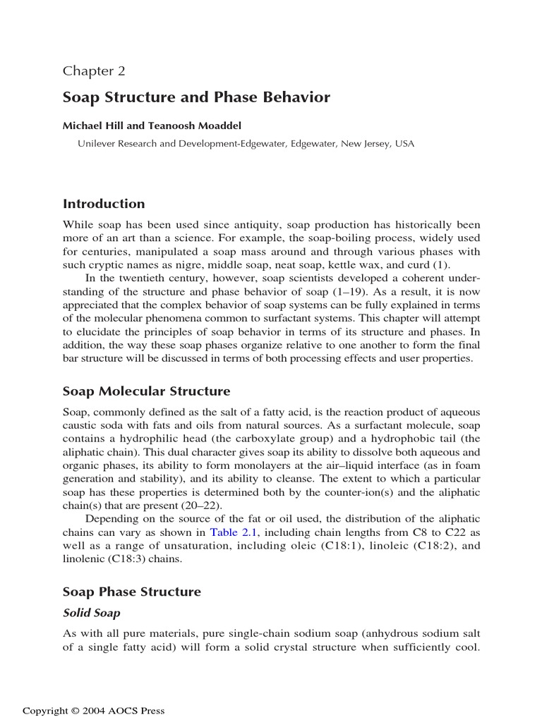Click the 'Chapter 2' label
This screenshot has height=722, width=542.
(x=94, y=71)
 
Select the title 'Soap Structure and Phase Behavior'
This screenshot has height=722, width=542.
(x=196, y=97)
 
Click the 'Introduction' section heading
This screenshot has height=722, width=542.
(x=104, y=204)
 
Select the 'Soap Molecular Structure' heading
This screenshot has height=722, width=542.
(x=146, y=391)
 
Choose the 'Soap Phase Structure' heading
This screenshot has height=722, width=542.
(x=132, y=592)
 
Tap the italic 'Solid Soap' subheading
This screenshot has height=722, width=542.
(x=91, y=613)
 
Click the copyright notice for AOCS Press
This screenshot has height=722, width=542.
(x=94, y=711)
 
